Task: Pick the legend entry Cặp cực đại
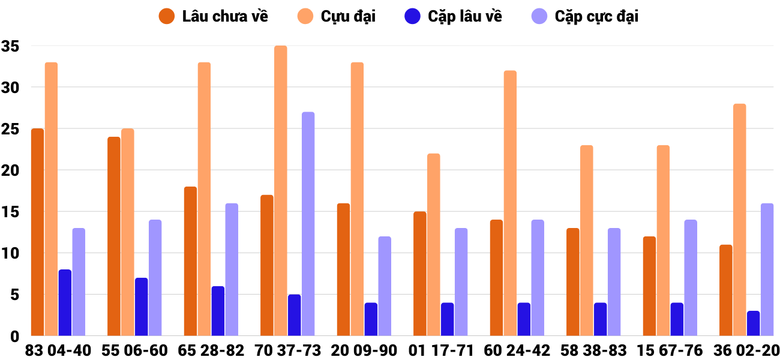pos(585,16)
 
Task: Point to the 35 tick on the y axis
pos(11,46)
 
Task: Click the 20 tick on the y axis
pos(11,171)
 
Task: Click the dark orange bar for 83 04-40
pos(37,232)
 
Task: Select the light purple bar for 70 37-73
pos(308,224)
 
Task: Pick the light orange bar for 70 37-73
pos(281,191)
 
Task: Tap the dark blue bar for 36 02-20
pos(753,323)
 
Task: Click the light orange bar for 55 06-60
pos(127,232)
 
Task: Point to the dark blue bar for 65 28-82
pos(218,311)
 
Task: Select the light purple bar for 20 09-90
pos(385,286)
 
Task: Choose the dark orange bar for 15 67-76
pos(649,286)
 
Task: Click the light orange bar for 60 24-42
pos(510,203)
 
